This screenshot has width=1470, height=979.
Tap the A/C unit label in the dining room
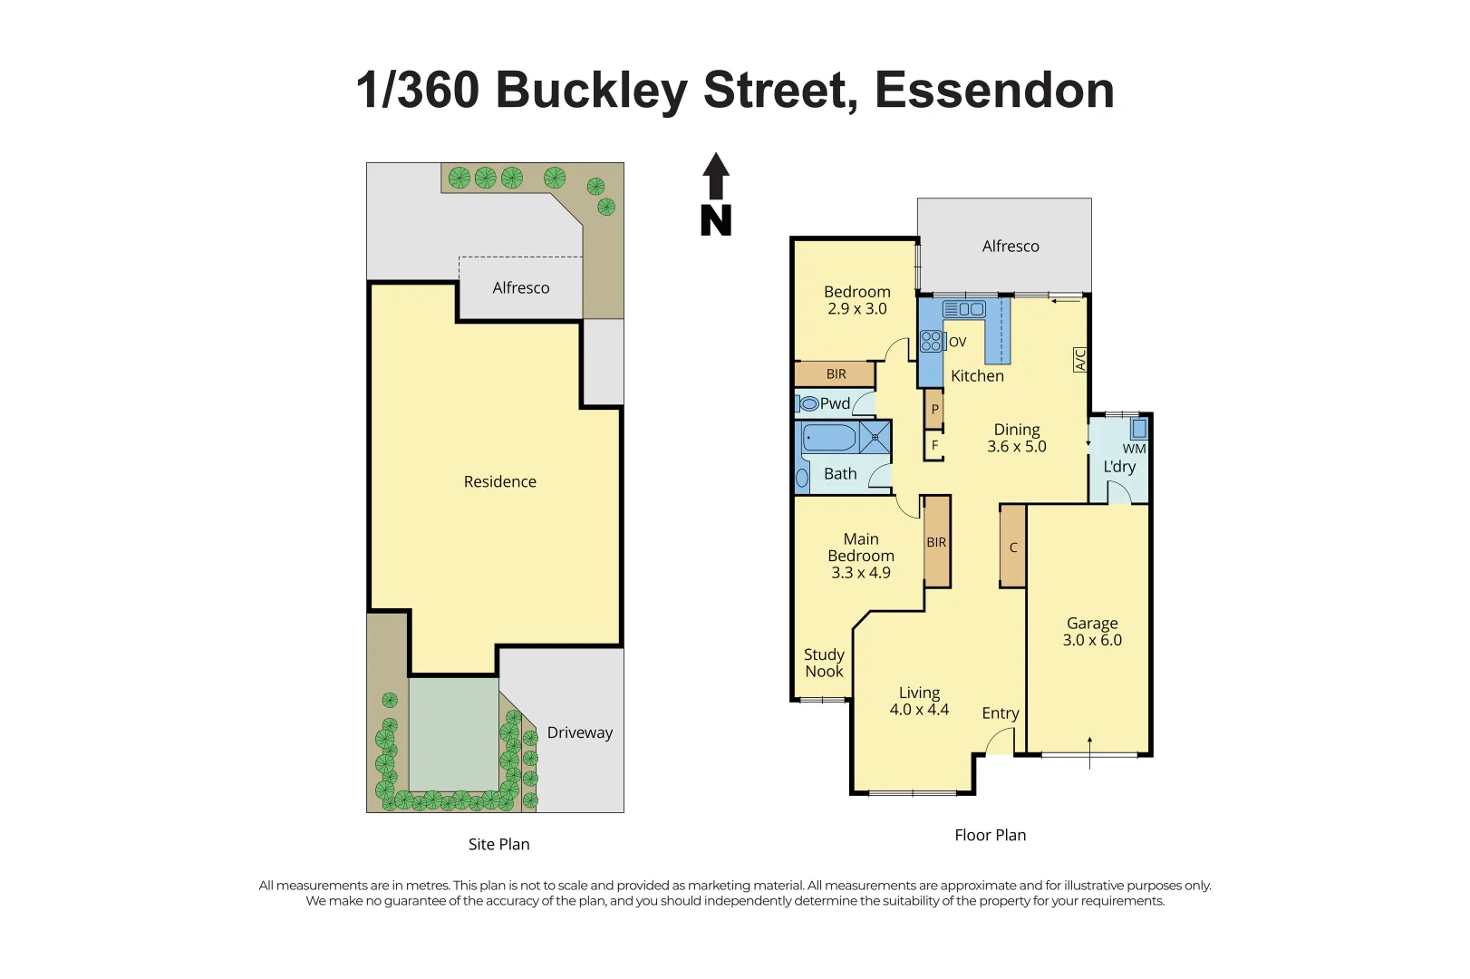point(1080,360)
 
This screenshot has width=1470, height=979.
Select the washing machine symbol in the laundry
point(1138,429)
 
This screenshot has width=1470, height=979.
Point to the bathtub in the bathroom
point(829,437)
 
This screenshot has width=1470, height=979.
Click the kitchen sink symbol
point(964,308)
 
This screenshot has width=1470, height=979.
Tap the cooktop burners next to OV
point(932,342)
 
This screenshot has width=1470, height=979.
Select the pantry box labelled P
point(934,409)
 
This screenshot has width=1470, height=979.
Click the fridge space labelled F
point(934,445)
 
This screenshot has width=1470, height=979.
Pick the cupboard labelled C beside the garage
point(1013,547)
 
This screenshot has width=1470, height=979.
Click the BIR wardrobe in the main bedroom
point(936,542)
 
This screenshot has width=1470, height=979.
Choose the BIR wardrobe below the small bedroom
point(835,374)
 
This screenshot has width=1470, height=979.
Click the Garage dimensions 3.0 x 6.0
point(1093,640)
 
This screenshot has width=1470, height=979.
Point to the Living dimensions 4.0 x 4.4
point(919,709)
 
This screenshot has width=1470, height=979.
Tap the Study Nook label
point(824,663)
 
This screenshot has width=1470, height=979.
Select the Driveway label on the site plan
point(580,732)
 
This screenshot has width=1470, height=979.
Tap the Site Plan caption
point(498,845)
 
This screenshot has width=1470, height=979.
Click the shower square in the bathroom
point(875,437)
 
